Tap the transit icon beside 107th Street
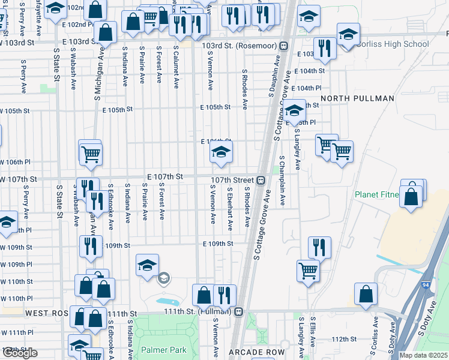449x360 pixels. pos(261,180)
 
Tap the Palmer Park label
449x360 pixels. pos(164,350)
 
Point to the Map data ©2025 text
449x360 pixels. pos(424,355)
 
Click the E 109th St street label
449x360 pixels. pos(217,244)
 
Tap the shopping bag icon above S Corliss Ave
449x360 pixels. pos(366,295)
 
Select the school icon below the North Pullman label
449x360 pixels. pos(294,112)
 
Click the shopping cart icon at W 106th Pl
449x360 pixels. pos(90,153)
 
